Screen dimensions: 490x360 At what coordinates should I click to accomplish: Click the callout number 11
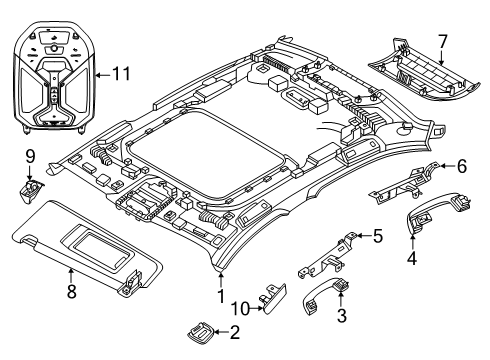click(121, 74)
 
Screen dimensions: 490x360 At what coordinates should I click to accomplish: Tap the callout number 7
click(442, 42)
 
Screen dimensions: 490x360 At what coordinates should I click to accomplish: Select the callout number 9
click(30, 156)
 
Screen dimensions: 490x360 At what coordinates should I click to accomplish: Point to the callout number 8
click(72, 291)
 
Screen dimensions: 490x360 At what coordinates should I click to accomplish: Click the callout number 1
click(221, 296)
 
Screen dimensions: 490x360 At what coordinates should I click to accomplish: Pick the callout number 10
click(241, 309)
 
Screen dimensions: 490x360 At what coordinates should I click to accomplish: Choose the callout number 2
click(235, 332)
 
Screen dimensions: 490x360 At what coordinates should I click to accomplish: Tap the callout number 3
click(342, 315)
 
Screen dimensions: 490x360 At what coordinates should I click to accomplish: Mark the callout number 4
click(413, 258)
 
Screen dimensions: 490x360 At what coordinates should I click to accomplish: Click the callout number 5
click(378, 236)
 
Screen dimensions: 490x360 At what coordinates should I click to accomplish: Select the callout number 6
click(462, 166)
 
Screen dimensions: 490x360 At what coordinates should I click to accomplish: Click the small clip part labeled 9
click(30, 189)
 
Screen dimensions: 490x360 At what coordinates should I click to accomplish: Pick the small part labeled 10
click(274, 298)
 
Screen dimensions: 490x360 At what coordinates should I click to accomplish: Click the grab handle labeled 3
click(324, 293)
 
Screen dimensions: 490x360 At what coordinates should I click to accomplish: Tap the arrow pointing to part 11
click(103, 75)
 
